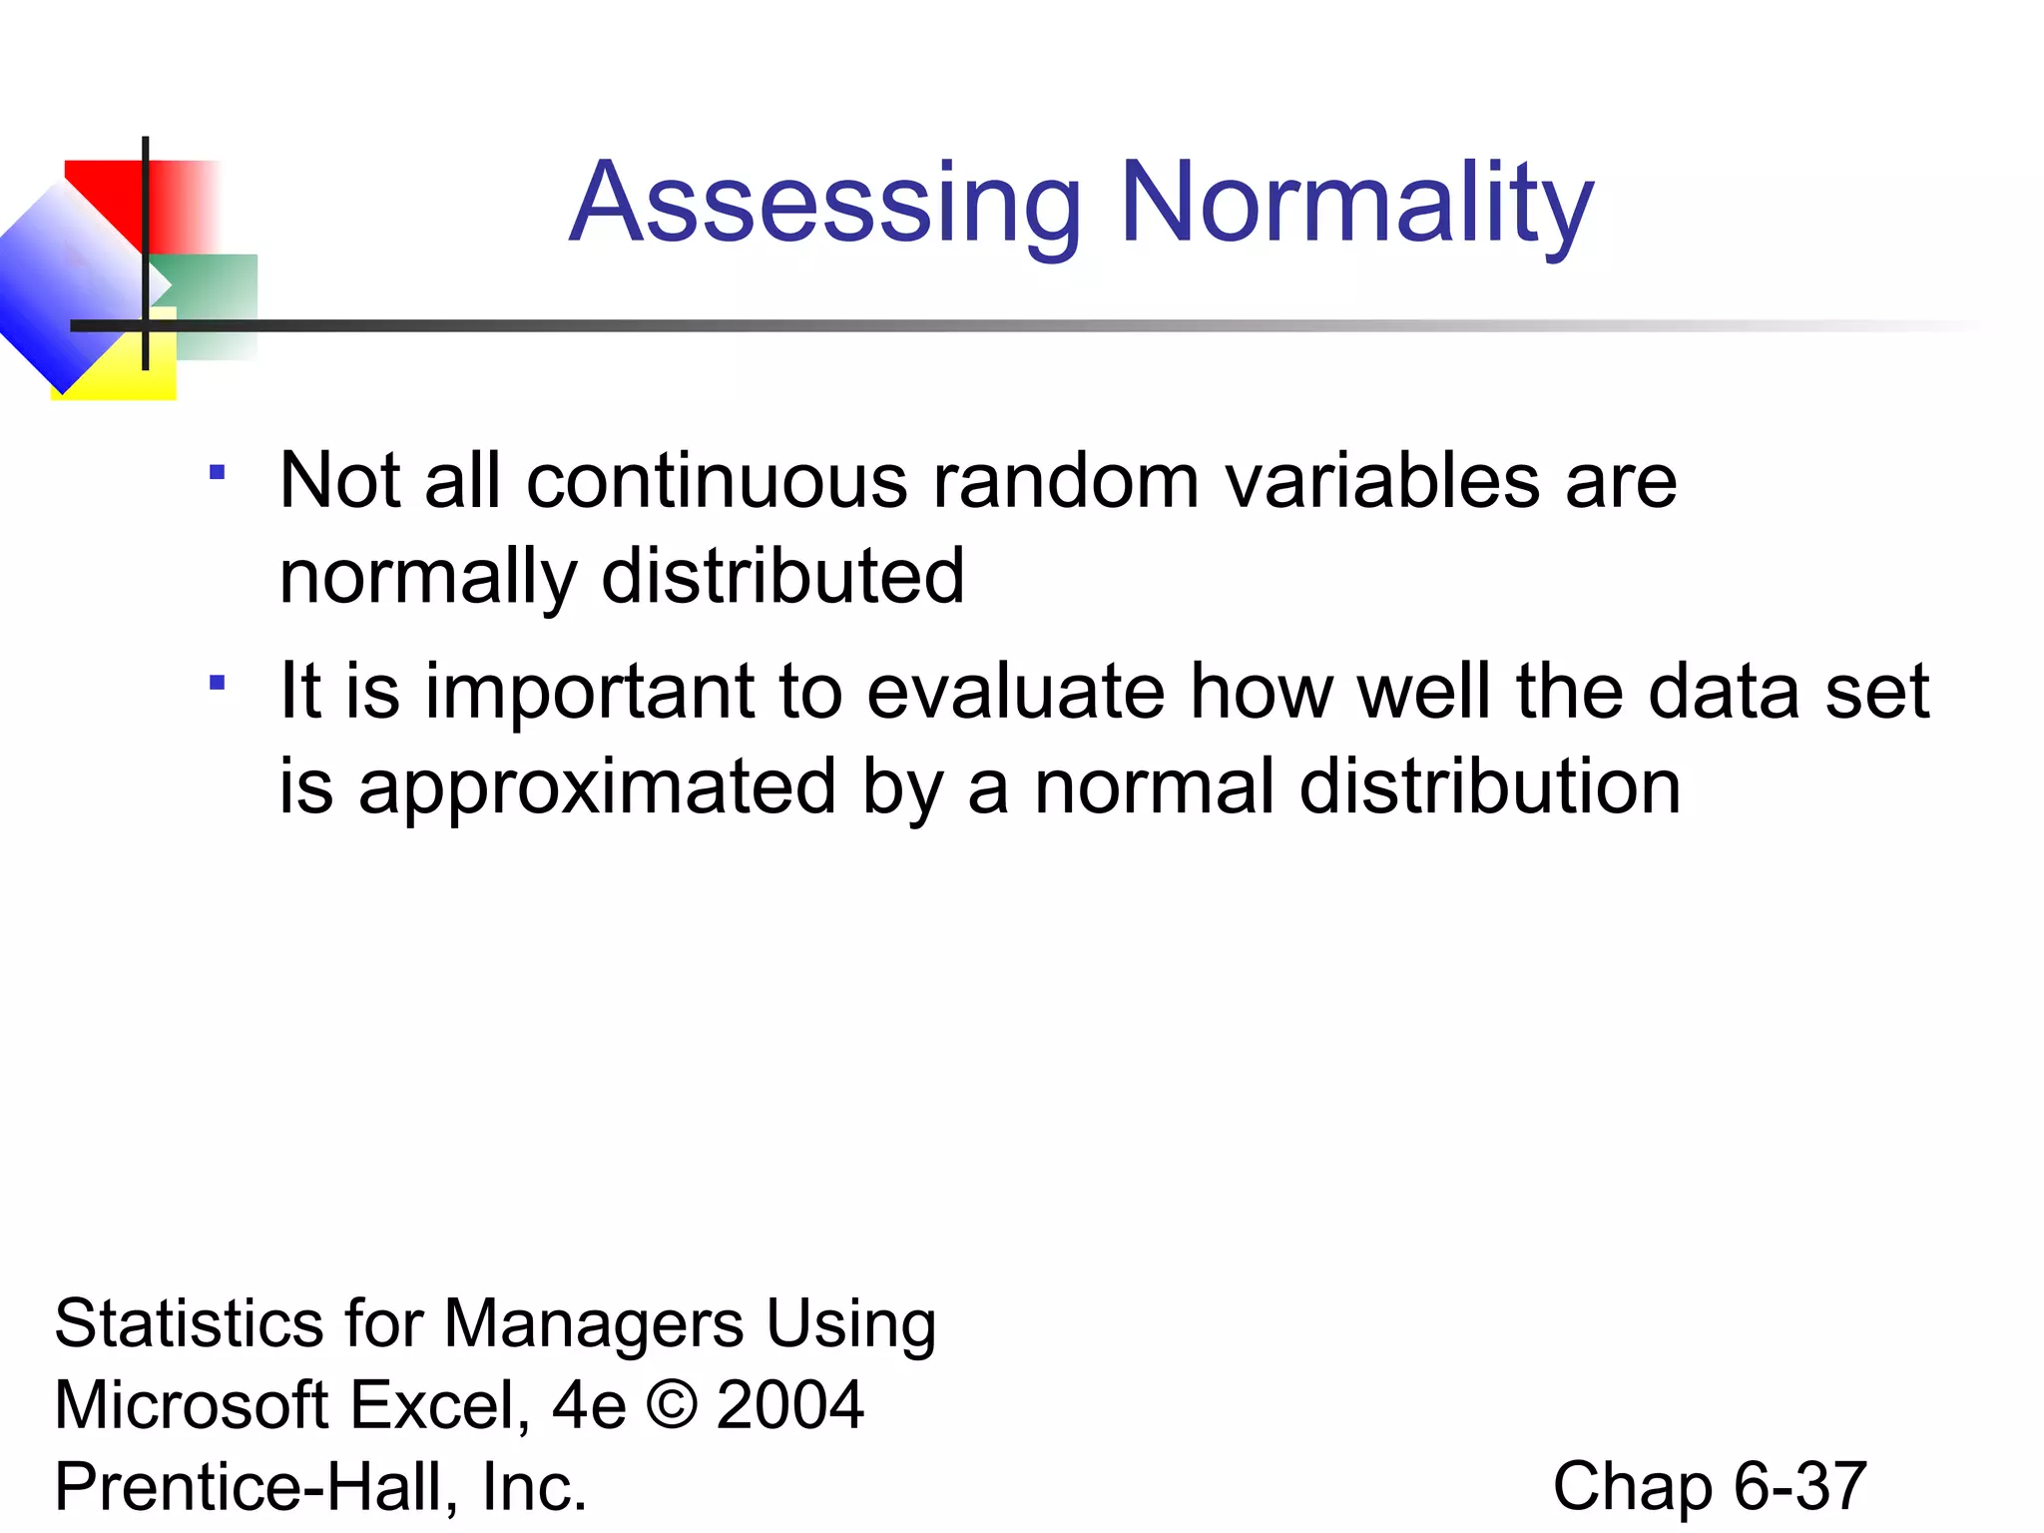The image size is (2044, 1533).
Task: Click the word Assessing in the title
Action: coord(825,205)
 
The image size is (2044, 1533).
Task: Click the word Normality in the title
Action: coord(1356,205)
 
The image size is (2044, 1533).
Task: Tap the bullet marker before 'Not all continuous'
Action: coord(217,472)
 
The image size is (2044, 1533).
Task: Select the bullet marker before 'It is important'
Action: coord(217,683)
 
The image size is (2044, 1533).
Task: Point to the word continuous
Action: coord(717,482)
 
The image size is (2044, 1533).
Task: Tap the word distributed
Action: coord(782,577)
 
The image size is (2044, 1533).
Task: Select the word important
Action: coord(590,692)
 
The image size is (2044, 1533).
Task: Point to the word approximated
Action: coord(597,788)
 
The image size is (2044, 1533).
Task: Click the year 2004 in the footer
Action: coord(790,1405)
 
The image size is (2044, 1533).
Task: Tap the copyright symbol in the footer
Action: coord(672,1405)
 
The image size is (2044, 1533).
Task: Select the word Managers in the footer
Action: coord(593,1324)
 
